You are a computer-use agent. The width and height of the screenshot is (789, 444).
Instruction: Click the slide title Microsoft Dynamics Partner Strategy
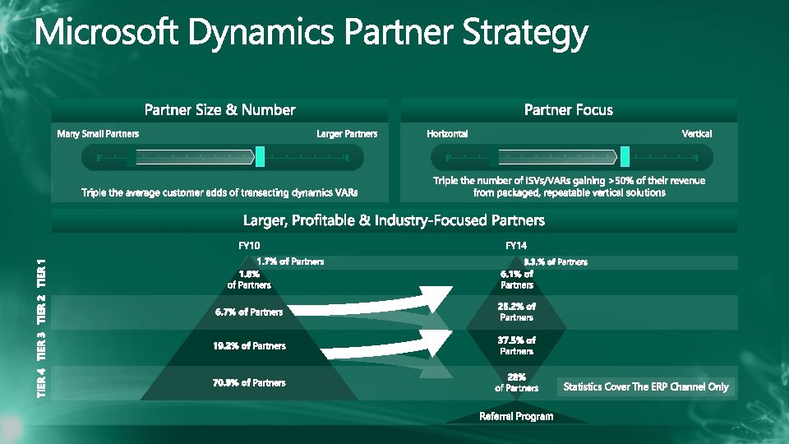[311, 35]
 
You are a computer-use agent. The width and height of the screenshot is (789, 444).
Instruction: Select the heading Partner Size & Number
[219, 110]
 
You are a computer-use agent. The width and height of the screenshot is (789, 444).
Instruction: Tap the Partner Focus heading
[569, 110]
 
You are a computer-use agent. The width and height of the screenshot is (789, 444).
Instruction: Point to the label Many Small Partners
[98, 133]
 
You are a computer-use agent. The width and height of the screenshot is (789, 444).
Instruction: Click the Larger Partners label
[347, 133]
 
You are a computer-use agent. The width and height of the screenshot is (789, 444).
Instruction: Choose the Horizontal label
[448, 133]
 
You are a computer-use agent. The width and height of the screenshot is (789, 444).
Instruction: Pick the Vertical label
[697, 133]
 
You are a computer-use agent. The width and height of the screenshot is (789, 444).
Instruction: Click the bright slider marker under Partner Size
[261, 156]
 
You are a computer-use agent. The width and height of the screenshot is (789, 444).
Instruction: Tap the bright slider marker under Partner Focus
[625, 156]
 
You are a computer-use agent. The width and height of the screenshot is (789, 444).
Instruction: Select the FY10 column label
[249, 245]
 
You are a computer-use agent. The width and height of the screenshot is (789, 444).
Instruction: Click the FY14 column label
[516, 245]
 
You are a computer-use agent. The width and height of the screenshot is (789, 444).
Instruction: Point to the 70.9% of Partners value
[249, 382]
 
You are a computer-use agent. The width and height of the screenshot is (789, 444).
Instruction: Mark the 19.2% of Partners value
[249, 346]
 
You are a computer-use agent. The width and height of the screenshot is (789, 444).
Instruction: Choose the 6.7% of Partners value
[249, 312]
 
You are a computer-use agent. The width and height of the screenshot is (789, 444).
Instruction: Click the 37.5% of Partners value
[516, 345]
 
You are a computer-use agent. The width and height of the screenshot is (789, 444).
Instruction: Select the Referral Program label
[516, 416]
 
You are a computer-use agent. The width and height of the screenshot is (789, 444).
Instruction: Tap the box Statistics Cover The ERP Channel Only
[646, 386]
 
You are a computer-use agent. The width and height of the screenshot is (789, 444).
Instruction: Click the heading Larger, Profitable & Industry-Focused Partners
[394, 220]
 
